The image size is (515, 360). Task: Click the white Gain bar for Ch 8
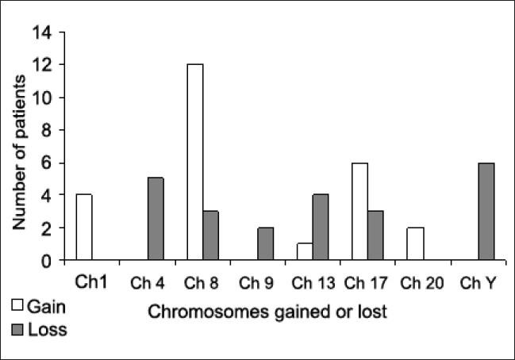194,162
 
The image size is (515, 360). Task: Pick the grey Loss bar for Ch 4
156,219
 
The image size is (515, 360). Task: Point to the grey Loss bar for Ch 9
266,243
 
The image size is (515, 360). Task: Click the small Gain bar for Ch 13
303,251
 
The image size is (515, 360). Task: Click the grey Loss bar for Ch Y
485,211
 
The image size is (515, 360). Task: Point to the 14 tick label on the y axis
41,33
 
